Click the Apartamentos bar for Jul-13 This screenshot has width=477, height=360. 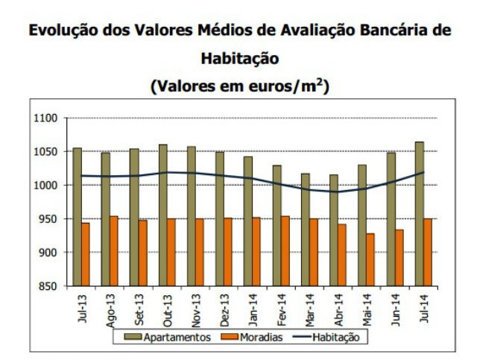(x=77, y=216)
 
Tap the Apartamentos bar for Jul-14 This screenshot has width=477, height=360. (x=419, y=213)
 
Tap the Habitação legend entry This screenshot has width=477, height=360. (x=331, y=337)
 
